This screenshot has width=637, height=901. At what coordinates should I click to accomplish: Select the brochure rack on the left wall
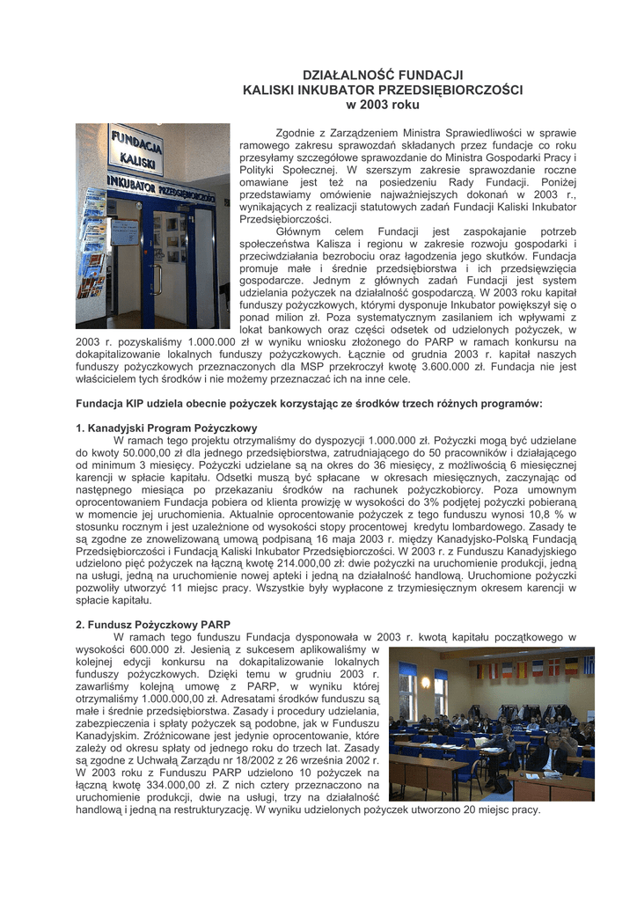pos(92,255)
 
